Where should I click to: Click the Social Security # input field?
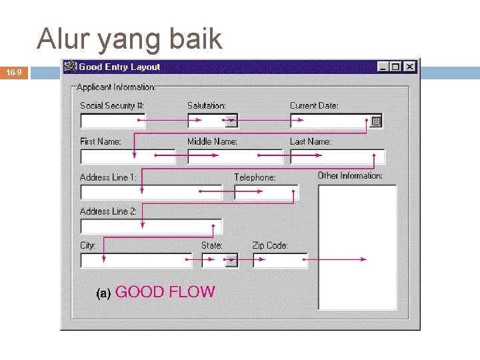(x=112, y=121)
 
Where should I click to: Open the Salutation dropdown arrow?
(x=231, y=121)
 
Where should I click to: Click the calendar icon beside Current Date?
(x=376, y=121)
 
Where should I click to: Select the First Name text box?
(x=127, y=157)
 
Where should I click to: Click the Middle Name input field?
(x=235, y=157)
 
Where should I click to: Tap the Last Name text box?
(x=337, y=157)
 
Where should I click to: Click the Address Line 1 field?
(x=151, y=192)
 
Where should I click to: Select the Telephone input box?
(x=265, y=192)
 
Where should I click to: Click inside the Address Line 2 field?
(x=151, y=226)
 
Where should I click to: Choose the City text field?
(x=136, y=260)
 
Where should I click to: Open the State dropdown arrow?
(x=231, y=261)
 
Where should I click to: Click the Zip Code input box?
(x=280, y=260)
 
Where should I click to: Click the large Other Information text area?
(x=357, y=247)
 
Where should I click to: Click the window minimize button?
(x=382, y=67)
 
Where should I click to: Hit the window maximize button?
(x=396, y=67)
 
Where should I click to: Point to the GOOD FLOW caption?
(x=165, y=292)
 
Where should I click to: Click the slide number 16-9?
(x=14, y=72)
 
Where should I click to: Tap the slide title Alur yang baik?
(x=129, y=39)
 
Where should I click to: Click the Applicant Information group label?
(x=116, y=87)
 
